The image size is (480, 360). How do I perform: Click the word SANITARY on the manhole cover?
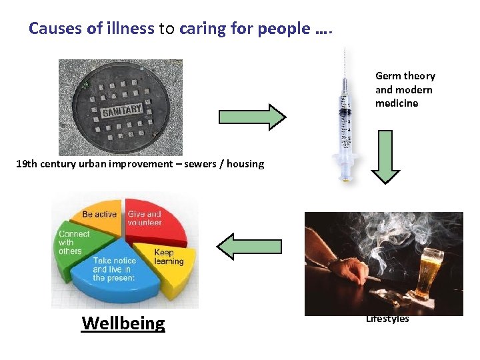click(x=123, y=111)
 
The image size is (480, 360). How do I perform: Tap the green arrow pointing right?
click(x=252, y=117)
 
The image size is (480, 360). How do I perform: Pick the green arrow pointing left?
click(x=250, y=246)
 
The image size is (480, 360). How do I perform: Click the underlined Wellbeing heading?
click(x=123, y=323)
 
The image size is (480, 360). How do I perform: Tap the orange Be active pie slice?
click(x=100, y=215)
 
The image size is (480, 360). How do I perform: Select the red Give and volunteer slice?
click(x=149, y=219)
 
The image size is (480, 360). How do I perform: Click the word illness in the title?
click(x=132, y=29)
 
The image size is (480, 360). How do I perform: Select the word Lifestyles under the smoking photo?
click(x=387, y=319)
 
